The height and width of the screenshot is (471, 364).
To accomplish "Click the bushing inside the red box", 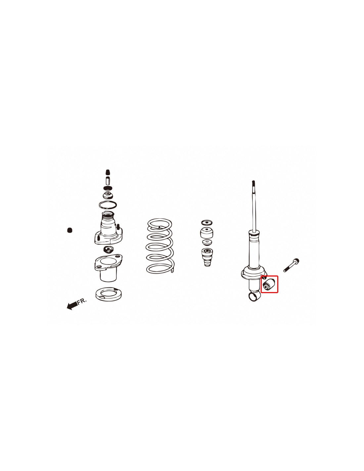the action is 268,285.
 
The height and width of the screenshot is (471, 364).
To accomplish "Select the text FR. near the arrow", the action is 82,301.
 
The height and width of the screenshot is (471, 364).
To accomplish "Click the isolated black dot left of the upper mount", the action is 69,230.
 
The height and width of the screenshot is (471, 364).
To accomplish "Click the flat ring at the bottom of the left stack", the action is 108,294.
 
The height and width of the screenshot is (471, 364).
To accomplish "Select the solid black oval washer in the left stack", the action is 108,188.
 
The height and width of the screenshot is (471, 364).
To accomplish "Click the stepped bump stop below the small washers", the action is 207,257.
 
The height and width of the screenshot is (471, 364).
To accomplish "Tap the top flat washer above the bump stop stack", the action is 206,223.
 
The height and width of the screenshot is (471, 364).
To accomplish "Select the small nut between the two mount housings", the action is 108,249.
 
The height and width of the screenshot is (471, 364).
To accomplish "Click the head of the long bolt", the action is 296,260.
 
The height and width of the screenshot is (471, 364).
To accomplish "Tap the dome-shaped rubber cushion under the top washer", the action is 207,233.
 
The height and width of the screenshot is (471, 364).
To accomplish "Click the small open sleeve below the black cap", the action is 108,180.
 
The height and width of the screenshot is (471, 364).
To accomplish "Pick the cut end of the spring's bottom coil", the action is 172,271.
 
